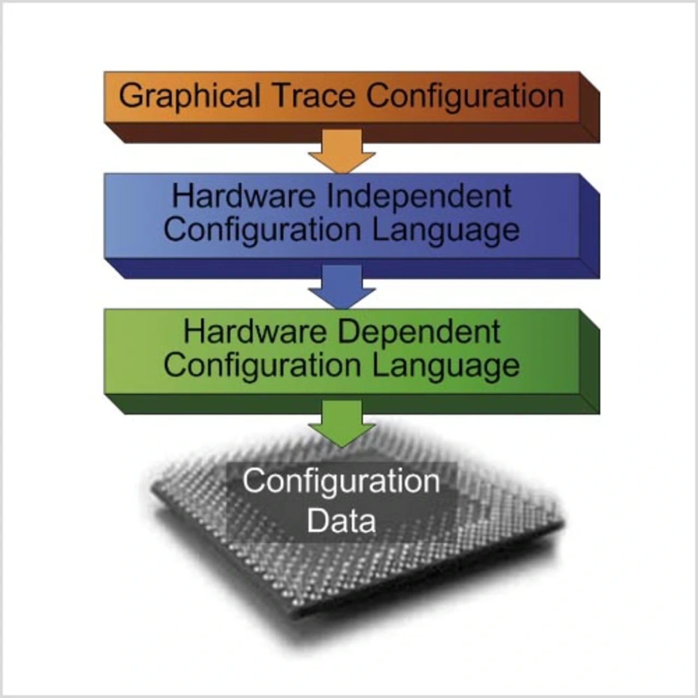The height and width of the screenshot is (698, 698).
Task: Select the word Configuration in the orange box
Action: pyautogui.click(x=465, y=97)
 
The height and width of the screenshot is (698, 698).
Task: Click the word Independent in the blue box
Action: pyautogui.click(x=419, y=196)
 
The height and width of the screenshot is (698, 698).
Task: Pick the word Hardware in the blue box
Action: pyautogui.click(x=243, y=196)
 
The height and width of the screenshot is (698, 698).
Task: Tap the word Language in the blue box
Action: pyautogui.click(x=446, y=231)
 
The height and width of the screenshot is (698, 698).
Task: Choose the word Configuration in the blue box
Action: pyautogui.click(x=262, y=231)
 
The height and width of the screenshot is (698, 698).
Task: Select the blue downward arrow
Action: pyautogui.click(x=342, y=287)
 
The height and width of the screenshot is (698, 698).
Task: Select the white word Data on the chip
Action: pyautogui.click(x=341, y=521)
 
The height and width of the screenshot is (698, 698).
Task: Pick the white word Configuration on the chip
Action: pyautogui.click(x=341, y=482)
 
